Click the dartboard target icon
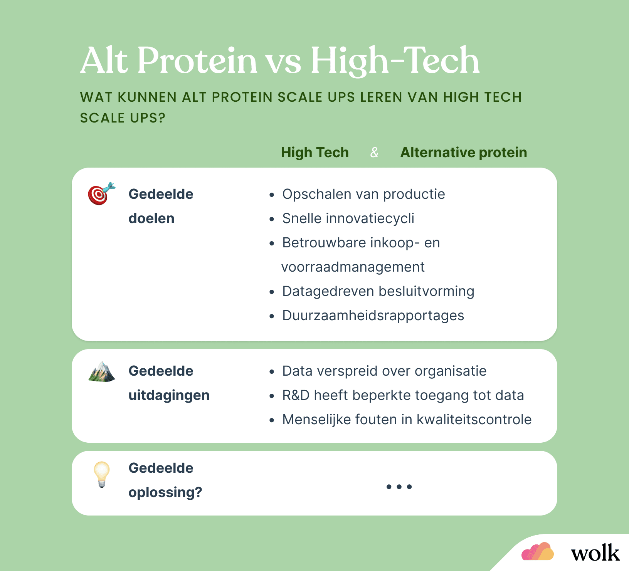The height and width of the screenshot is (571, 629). [101, 193]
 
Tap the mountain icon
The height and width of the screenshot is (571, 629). [102, 371]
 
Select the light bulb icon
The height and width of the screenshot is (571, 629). [102, 474]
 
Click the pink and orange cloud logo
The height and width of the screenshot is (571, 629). [537, 552]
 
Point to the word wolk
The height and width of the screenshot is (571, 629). [595, 553]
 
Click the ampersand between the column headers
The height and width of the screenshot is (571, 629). [374, 153]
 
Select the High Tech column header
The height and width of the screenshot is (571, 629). [314, 153]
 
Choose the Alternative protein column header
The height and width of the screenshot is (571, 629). [463, 153]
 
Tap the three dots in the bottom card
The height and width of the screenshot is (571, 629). [399, 487]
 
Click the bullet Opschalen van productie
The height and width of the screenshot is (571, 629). [363, 194]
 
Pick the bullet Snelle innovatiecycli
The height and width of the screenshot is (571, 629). [348, 218]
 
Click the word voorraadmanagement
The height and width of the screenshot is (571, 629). [353, 267]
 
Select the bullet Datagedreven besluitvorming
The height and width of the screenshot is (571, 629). [378, 291]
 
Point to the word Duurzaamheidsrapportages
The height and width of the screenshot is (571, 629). [373, 316]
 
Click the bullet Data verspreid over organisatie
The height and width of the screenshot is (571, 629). [384, 371]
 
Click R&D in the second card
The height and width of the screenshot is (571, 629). [296, 395]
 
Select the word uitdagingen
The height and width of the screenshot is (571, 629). [169, 396]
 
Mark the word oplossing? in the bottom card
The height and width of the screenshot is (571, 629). [165, 493]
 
